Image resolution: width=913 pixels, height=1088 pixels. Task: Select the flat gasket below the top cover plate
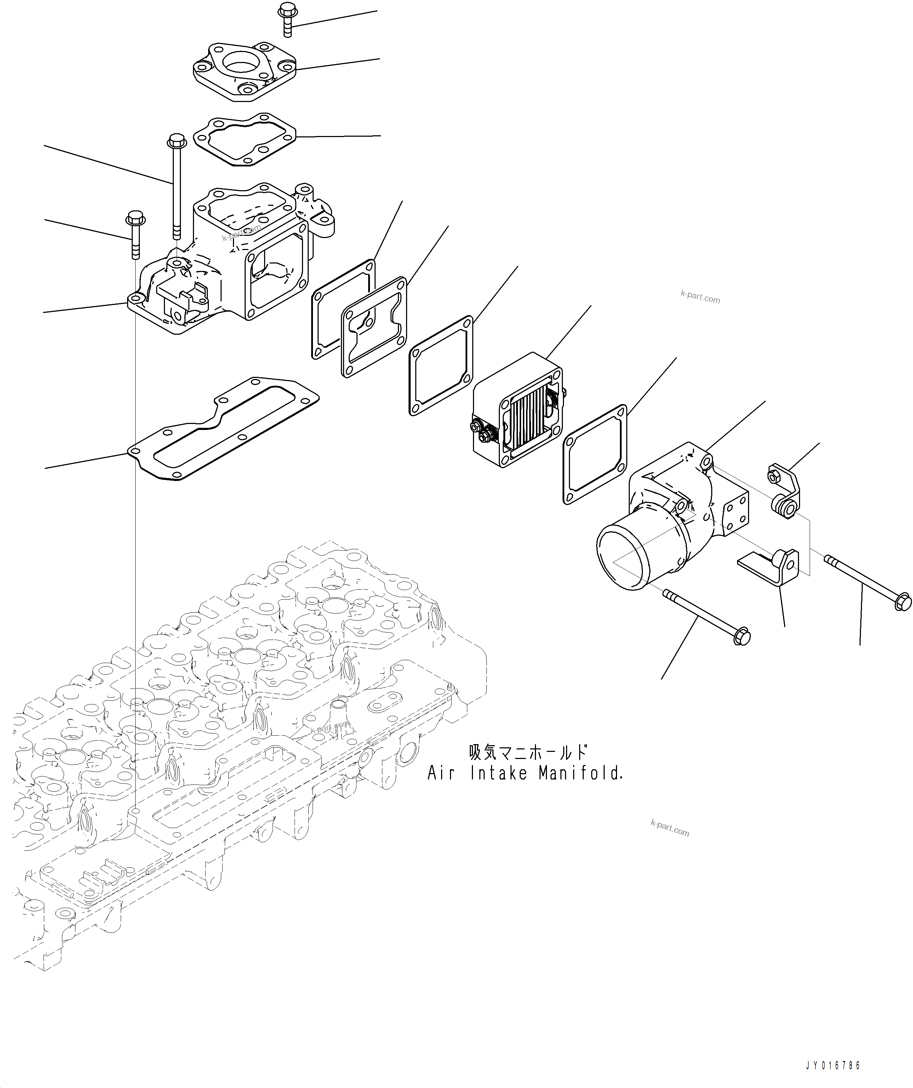point(244,139)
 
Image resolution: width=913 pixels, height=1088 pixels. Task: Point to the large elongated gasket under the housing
point(223,430)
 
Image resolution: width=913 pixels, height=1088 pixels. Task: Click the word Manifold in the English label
point(580,788)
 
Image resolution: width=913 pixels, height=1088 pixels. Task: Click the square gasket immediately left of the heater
point(441,366)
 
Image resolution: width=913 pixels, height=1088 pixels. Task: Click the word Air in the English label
point(441,788)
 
